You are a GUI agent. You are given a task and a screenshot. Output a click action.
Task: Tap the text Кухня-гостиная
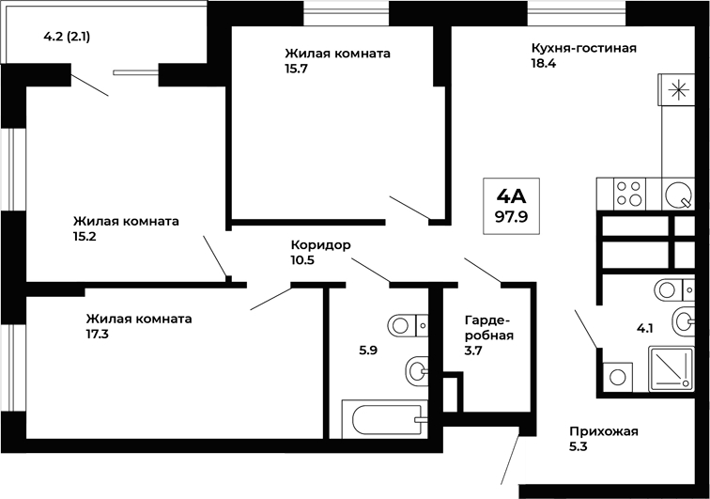(583, 48)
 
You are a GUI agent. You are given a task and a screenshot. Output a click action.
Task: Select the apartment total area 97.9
(512, 215)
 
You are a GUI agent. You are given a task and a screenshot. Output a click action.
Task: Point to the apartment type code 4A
(512, 195)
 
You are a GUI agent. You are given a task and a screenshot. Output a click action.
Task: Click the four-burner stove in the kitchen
(628, 193)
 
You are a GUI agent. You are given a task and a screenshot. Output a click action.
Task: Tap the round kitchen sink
(676, 195)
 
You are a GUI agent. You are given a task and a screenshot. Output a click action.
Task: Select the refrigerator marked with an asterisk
(676, 91)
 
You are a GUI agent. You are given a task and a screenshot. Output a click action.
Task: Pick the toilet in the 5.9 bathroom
(407, 326)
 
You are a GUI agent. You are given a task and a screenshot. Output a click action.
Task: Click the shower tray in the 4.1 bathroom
(671, 368)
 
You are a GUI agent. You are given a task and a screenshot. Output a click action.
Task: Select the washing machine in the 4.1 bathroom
(618, 377)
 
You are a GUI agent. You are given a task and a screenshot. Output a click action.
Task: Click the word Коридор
(321, 245)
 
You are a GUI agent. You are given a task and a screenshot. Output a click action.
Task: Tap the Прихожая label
(603, 431)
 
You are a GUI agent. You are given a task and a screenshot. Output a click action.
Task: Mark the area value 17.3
(96, 334)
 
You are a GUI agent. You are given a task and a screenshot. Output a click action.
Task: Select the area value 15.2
(85, 237)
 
